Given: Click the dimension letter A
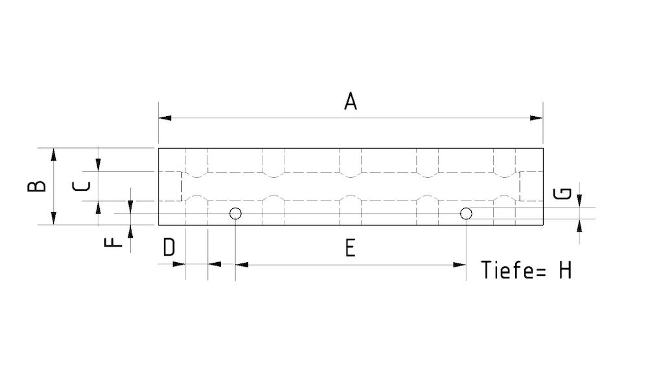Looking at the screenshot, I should coord(350,102).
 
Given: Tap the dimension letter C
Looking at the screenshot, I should coord(81,186).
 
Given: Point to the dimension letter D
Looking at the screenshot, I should coord(168,248).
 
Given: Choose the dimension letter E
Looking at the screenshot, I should coord(350,248).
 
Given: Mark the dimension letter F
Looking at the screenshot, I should coord(113,242).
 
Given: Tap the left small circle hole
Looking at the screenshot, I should coord(235,213).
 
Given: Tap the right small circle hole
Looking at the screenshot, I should coord(466,213).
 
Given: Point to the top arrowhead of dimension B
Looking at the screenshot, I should coord(54,154).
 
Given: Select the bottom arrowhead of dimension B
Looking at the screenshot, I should coord(54,219).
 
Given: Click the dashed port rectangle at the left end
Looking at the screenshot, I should coord(170,186).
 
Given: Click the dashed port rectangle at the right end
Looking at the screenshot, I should coord(531,186).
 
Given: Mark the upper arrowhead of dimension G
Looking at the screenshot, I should coord(580,202).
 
